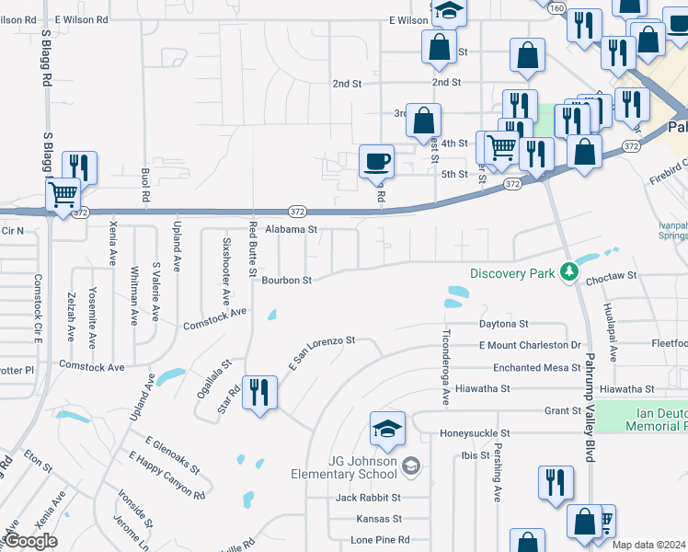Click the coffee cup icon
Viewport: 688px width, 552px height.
click(x=376, y=162)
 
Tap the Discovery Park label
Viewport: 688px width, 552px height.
click(x=513, y=273)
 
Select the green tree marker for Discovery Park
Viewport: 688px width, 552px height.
click(x=570, y=272)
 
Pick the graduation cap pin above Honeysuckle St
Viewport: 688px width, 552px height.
click(x=388, y=428)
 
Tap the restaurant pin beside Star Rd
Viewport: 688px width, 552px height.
click(x=259, y=393)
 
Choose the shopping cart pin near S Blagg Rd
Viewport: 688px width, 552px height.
click(x=63, y=195)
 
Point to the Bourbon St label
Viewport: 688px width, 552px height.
click(x=287, y=280)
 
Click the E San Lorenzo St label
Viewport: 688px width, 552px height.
click(x=323, y=351)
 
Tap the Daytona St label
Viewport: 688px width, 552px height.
click(x=503, y=324)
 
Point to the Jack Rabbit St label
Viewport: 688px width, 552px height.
click(x=368, y=498)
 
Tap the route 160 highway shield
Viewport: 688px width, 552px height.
click(x=556, y=8)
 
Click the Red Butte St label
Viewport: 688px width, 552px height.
click(x=251, y=248)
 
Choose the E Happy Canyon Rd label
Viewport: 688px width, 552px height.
click(x=166, y=475)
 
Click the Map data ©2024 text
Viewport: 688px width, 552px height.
click(x=648, y=545)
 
